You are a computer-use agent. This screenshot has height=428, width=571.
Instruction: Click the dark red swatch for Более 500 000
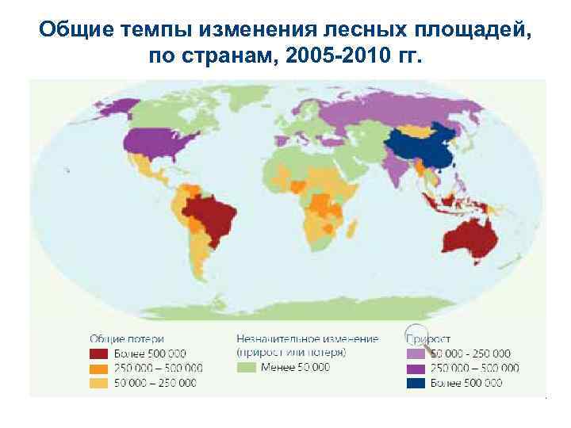pos(98,353)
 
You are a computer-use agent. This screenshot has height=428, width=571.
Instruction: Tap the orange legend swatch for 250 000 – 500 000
pos(98,368)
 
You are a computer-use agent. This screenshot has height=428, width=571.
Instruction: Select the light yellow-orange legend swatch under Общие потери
pos(98,382)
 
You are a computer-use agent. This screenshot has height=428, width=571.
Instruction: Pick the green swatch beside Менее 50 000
pos(247,368)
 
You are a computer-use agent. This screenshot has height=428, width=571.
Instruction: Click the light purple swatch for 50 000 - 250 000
pos(416,353)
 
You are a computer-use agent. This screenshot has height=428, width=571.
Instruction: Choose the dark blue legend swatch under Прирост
pos(416,383)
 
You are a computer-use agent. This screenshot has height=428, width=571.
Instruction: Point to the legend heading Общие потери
pos(121,338)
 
